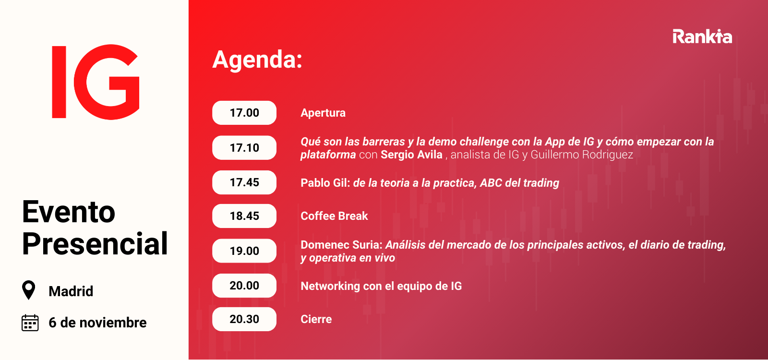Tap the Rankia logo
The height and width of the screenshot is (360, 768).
point(702,36)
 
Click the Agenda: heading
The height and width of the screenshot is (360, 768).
point(257,60)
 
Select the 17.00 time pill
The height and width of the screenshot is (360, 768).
point(244,113)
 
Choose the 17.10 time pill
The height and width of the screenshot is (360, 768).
point(244,148)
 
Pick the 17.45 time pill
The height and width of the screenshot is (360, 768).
point(244,182)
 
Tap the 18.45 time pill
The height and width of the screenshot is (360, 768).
point(244,216)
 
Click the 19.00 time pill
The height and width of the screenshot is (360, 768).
point(244,251)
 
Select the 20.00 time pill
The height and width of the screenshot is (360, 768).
point(244,286)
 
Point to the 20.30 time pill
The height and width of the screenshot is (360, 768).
point(244,319)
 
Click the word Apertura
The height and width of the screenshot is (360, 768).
point(323,113)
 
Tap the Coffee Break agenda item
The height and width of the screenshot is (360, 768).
point(334,216)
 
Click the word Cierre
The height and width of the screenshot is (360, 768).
point(316,319)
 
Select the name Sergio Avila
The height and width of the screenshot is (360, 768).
point(411,155)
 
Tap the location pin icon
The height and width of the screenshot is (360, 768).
point(28,290)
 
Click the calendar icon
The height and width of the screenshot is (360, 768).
point(30,323)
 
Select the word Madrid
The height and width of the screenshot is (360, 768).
point(71,291)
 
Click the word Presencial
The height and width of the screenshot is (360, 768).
point(95,243)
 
